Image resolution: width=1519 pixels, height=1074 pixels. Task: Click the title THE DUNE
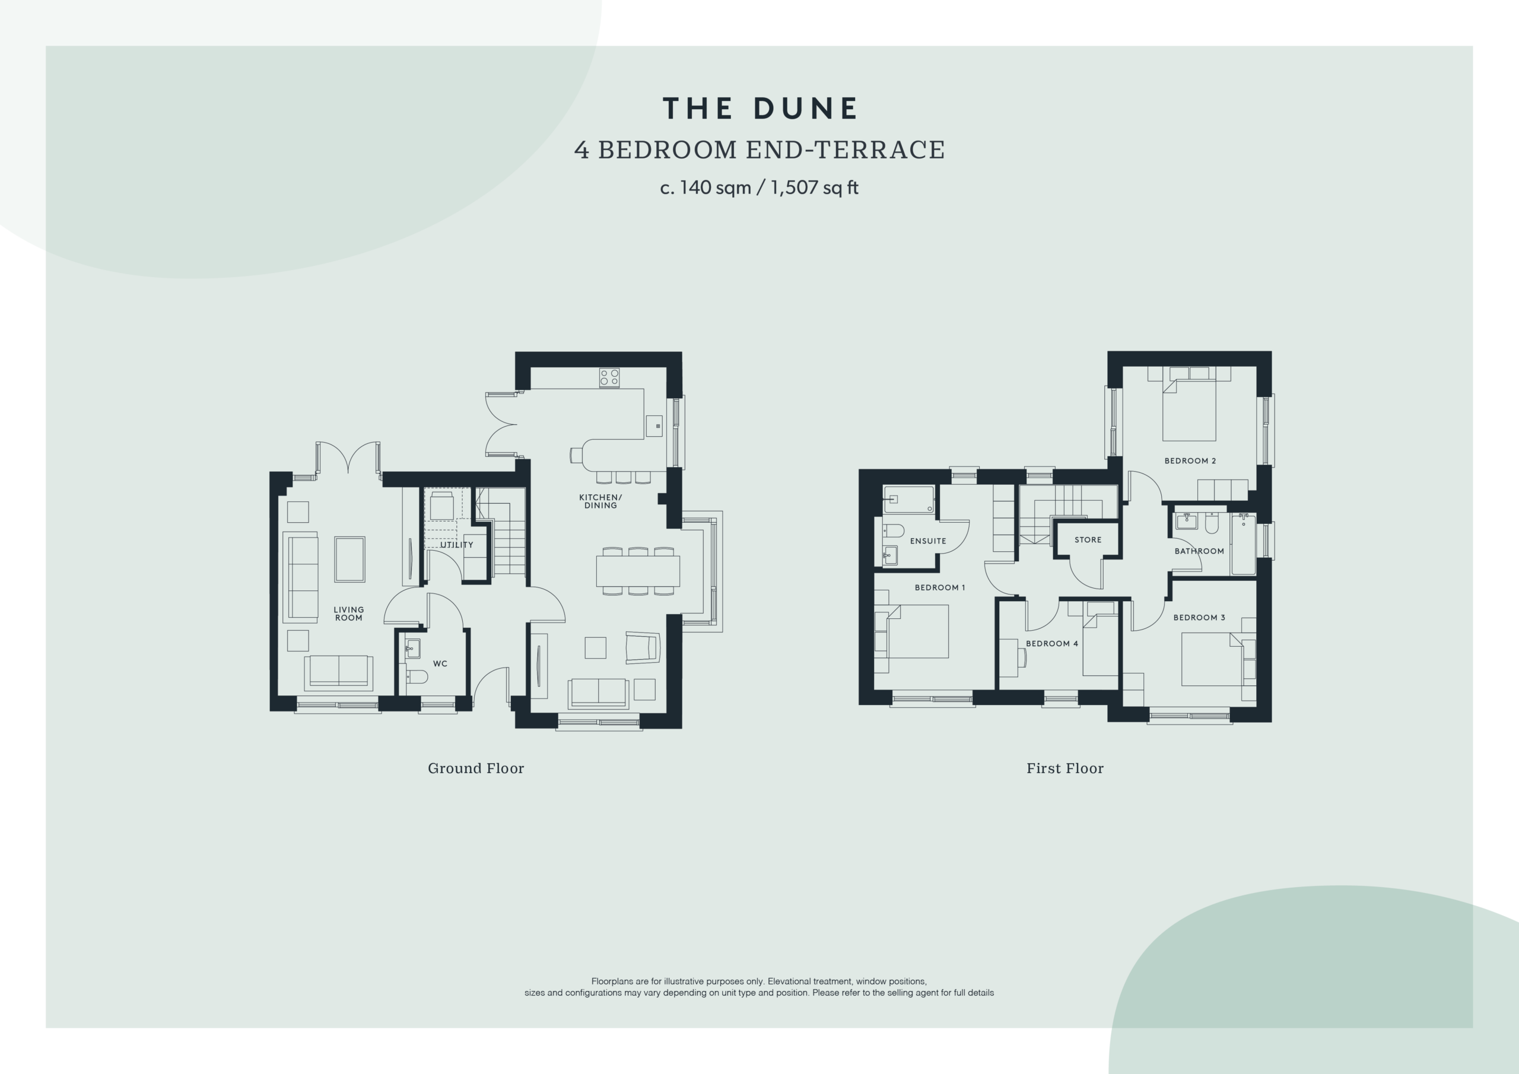[759, 109]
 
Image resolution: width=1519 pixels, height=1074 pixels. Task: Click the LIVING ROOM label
[349, 614]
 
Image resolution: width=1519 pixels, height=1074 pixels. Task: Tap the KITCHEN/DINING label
[600, 501]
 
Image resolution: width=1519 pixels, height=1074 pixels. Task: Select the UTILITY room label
[456, 545]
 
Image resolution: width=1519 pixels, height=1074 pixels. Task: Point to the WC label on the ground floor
[440, 663]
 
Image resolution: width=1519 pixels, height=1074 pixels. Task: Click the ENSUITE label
[928, 541]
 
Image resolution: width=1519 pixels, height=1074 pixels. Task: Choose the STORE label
[1088, 539]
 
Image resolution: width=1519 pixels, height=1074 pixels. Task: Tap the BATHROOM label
[1199, 551]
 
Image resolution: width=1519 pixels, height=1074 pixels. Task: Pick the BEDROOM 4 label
[1052, 643]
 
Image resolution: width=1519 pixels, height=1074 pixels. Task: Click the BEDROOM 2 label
[1190, 460]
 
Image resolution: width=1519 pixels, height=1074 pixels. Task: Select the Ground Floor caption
[476, 768]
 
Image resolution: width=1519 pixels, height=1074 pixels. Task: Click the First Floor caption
[1065, 768]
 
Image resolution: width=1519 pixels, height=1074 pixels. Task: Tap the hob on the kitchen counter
[609, 378]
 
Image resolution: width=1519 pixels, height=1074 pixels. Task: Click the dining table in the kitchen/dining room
[638, 571]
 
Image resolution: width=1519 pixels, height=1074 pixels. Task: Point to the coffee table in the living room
[349, 559]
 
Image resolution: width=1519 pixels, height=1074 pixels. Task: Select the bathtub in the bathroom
[1243, 545]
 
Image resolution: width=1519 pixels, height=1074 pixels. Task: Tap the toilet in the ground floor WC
[416, 676]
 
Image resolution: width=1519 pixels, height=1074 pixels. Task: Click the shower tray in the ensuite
[908, 500]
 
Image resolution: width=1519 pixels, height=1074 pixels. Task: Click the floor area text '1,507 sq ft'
[815, 188]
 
